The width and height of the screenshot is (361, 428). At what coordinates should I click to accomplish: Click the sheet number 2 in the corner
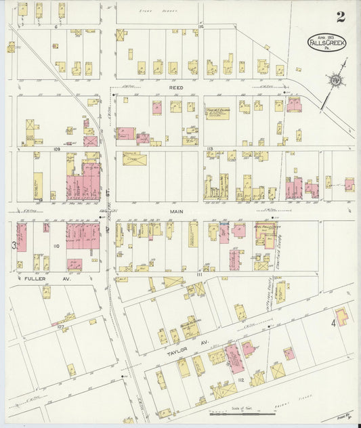coord(339,17)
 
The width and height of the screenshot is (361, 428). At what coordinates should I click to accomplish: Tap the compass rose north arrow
coord(336,80)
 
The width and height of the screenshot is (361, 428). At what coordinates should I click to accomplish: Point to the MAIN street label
coord(177,211)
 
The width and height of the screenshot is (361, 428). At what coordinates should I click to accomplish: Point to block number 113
coord(211,148)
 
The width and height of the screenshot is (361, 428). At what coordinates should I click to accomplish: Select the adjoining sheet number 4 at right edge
coord(333,324)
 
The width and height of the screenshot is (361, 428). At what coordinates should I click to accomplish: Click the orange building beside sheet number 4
coord(343,314)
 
